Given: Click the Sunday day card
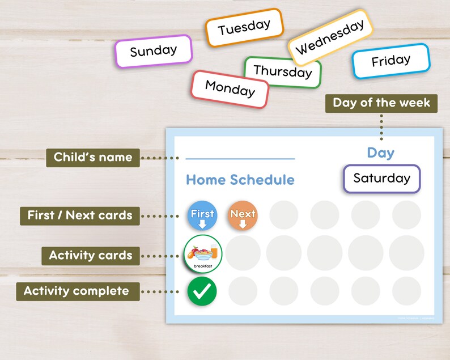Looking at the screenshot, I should coord(154,51).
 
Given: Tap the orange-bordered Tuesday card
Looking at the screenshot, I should coord(244,27).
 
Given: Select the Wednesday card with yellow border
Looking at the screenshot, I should coord(330,37).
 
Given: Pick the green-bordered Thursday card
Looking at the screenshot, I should coord(282,71).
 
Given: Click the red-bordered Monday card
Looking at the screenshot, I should coord(230,89).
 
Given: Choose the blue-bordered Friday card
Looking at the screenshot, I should coord(390,61).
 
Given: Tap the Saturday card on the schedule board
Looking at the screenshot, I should coord(381,179).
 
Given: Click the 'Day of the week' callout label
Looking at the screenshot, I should coord(381,103).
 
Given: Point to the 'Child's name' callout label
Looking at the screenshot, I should coord(92,157).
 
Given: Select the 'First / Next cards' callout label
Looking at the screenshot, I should coord(79,215).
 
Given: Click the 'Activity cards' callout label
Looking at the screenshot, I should coord(90,256).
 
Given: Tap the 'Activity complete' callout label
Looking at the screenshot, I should coord(77,291).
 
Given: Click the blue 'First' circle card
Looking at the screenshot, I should coord(202,215).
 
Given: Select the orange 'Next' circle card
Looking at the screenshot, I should coord(243,215).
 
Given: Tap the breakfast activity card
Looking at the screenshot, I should coord(202,254).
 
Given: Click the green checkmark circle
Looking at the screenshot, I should coord(202,291).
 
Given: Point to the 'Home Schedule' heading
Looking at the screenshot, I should coord(240,180).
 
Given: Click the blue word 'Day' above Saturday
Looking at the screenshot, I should coord(380,153).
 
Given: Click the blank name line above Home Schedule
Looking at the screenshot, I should coord(240,159).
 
